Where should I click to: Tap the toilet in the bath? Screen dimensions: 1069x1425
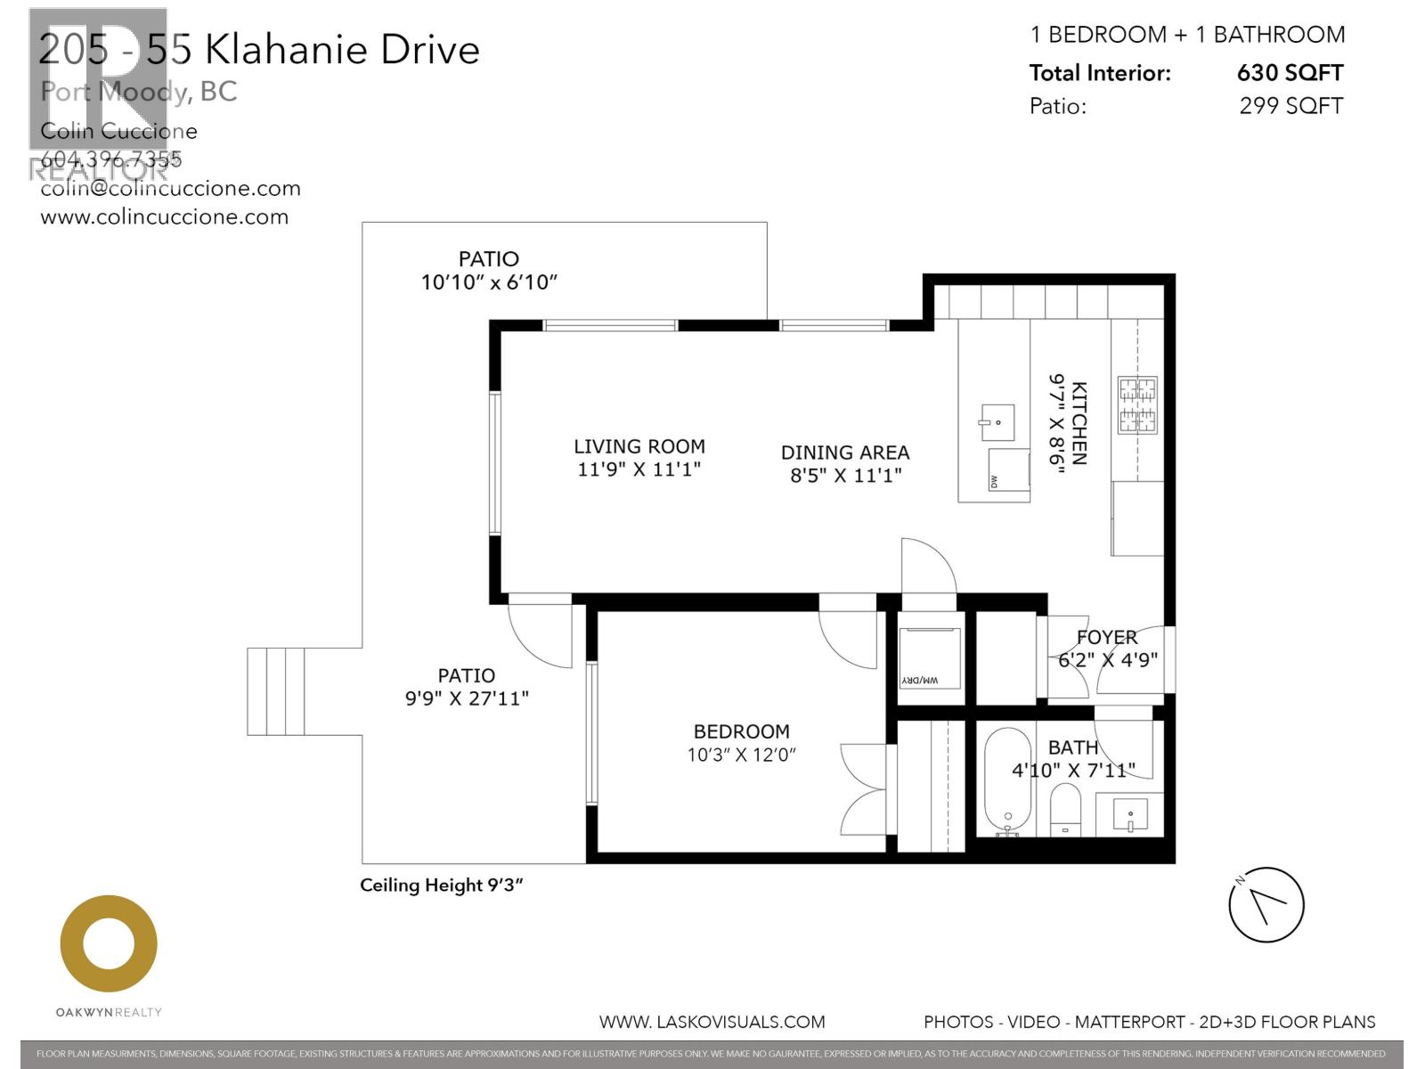[1064, 808]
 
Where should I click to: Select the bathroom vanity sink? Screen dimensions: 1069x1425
[1130, 814]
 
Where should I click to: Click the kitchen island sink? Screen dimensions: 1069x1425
[997, 421]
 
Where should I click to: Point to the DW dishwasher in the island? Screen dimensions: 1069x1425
[1008, 469]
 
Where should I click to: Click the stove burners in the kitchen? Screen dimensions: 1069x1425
[1137, 404]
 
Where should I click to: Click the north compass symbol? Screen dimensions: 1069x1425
[1266, 905]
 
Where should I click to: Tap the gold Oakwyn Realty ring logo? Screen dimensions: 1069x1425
[109, 943]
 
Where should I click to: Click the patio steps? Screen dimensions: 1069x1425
[276, 691]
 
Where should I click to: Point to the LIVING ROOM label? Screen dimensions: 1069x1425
[639, 446]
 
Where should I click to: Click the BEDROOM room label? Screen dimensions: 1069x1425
[741, 731]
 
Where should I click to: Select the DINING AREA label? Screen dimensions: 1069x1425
[845, 453]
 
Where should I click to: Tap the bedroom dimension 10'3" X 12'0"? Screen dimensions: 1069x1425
[741, 755]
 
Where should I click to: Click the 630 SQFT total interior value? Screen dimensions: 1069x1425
[1290, 73]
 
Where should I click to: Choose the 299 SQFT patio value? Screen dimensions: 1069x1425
[1291, 106]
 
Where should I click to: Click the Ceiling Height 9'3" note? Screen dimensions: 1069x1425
[441, 885]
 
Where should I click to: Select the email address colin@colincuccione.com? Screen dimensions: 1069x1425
[171, 189]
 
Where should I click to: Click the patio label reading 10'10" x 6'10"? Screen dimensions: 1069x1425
[489, 282]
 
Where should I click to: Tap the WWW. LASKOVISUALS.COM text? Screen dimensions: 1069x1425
[712, 1022]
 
